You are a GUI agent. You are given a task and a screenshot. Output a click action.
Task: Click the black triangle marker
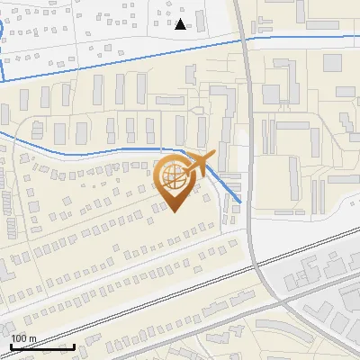[181, 23]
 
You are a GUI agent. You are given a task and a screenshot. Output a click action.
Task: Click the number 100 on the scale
[21, 338]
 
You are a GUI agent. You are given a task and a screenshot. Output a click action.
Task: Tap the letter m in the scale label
[33, 338]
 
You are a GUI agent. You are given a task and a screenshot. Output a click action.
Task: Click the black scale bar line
[42, 346]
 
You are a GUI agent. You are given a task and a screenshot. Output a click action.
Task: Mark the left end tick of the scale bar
[11, 345]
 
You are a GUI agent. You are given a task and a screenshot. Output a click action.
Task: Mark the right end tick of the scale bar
[74, 345]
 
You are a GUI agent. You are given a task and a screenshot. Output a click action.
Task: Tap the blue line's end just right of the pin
[240, 202]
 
